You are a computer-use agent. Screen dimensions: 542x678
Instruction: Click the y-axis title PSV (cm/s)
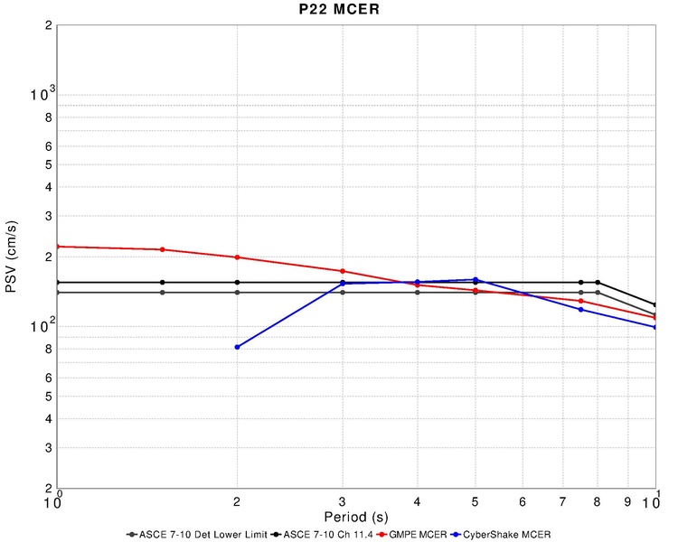[x=12, y=257]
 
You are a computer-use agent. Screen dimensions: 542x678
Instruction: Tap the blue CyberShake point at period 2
[x=237, y=347]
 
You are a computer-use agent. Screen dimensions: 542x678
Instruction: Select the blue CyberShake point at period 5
[x=476, y=280]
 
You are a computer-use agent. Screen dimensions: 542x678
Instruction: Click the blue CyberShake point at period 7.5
[x=580, y=310]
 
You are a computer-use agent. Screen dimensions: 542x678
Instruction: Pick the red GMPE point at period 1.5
[x=162, y=250]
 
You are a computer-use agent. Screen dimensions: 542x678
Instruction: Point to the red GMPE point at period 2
[x=237, y=257]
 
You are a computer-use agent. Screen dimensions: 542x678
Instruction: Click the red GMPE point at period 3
[x=343, y=271]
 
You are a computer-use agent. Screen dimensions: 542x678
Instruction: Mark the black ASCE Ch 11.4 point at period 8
[x=598, y=283]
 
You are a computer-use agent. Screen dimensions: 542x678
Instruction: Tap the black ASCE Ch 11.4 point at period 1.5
[x=162, y=283]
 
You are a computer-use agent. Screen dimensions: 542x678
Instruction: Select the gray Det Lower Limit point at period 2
[x=237, y=293]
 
